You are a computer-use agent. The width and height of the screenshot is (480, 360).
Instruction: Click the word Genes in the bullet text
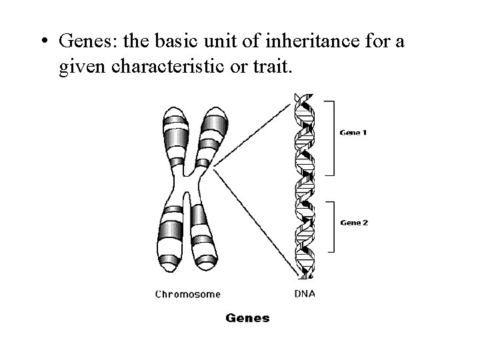[82, 42]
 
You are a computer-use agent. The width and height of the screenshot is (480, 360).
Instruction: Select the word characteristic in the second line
[171, 67]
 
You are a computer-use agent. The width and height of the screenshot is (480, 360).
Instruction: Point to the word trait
[273, 67]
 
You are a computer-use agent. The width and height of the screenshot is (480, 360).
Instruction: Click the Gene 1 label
[353, 133]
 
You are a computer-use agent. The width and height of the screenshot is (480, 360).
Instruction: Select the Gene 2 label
[353, 223]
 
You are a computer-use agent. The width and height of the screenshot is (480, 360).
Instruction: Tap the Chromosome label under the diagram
[188, 293]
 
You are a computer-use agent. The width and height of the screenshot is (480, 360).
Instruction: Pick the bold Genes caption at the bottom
[248, 318]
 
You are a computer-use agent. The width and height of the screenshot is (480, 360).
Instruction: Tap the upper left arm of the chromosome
[175, 137]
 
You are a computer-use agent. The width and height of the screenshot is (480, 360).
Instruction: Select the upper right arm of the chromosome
[215, 137]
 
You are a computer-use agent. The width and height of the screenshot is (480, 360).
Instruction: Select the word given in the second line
[83, 68]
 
